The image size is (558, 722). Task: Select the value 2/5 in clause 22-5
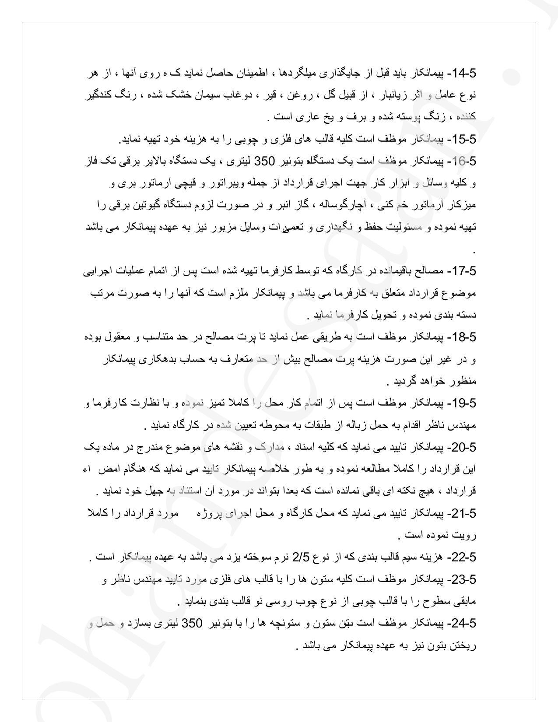(301, 557)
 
